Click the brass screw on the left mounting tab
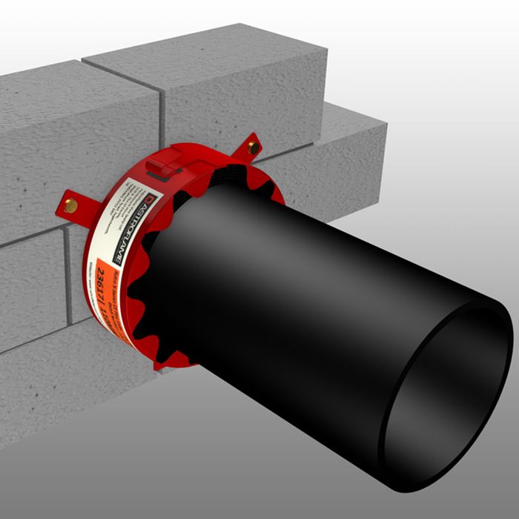[x=71, y=205]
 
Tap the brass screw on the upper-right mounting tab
[x=253, y=147]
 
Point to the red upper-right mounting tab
[x=248, y=149]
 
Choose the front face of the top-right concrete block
[x=245, y=93]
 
